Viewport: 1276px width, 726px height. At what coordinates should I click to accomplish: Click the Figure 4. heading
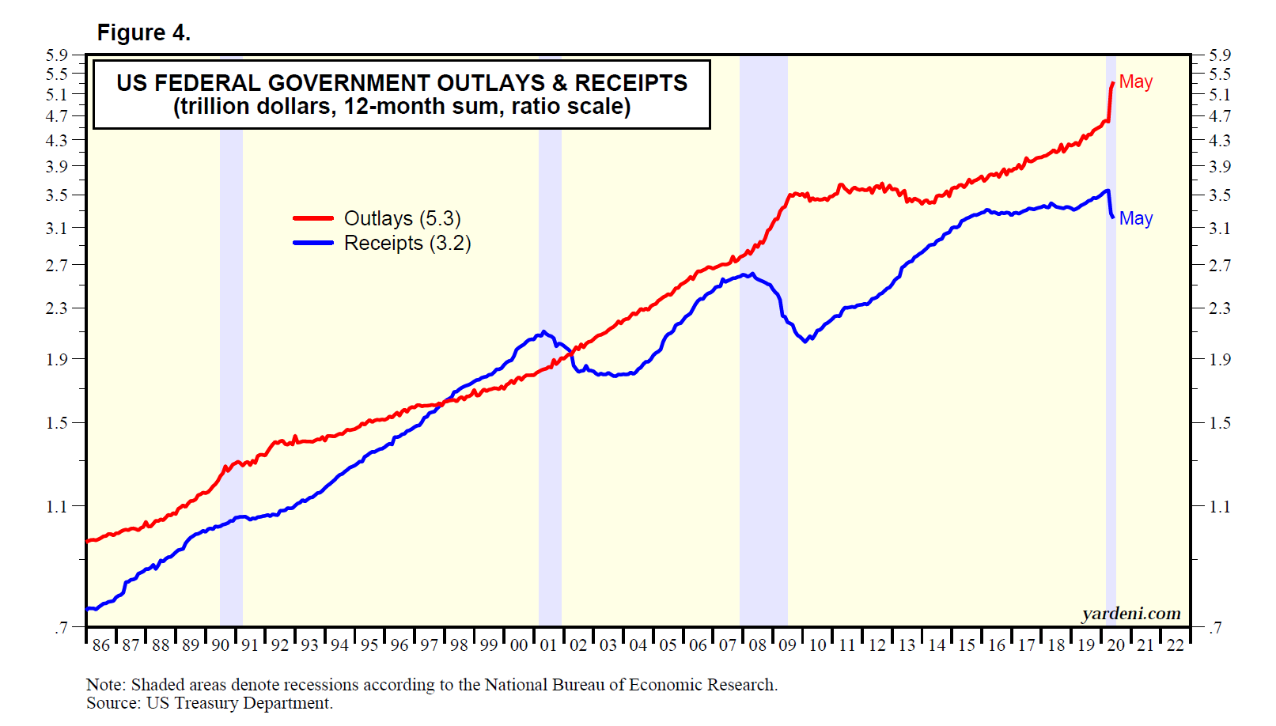coord(143,32)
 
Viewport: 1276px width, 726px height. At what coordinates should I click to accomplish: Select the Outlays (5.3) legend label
coord(402,218)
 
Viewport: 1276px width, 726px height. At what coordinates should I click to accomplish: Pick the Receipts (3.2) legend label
coord(407,243)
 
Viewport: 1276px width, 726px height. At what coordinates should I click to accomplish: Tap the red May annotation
coord(1135,81)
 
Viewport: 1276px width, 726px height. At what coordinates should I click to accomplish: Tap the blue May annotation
coord(1135,218)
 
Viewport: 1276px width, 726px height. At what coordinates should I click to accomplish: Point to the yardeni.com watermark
coord(1130,614)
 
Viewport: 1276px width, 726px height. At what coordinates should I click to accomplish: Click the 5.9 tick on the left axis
coord(56,55)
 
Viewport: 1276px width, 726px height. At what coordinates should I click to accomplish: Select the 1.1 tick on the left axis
coord(56,506)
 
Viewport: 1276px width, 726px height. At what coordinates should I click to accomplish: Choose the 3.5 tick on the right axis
coord(1219,195)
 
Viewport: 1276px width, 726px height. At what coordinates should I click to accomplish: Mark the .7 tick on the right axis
coord(1216,628)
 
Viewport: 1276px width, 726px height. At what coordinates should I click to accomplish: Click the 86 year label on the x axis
coord(101,645)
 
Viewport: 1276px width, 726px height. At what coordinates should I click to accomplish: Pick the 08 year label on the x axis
coord(758,645)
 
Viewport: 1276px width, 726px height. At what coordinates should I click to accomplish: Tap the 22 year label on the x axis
coord(1176,645)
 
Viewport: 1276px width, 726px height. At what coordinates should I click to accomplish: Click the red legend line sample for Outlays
coord(313,218)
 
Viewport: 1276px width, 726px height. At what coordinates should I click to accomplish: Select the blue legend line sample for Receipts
coord(313,243)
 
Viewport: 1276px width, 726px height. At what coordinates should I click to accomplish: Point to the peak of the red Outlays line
coord(1112,82)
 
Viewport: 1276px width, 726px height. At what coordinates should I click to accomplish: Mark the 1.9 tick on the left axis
coord(56,359)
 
